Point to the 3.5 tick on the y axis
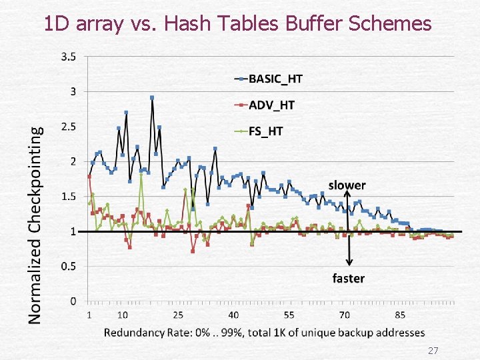pos(69,57)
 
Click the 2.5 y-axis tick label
pos(69,127)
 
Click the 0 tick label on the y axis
pos(73,301)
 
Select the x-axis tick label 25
pos(178,315)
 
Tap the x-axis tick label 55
pos(289,315)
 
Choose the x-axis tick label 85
pos(400,315)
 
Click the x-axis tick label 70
pos(345,315)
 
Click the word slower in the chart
pos(347,185)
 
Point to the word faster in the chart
pos(349,279)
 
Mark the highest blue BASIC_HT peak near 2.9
pos(152,97)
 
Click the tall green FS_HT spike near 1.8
pos(141,175)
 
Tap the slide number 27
pos(433,350)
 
